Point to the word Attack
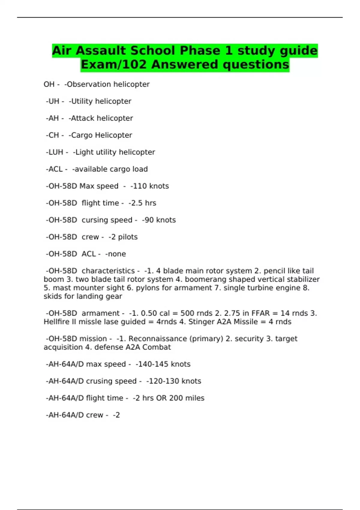pyautogui.click(x=82, y=118)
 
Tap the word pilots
pyautogui.click(x=128, y=237)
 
